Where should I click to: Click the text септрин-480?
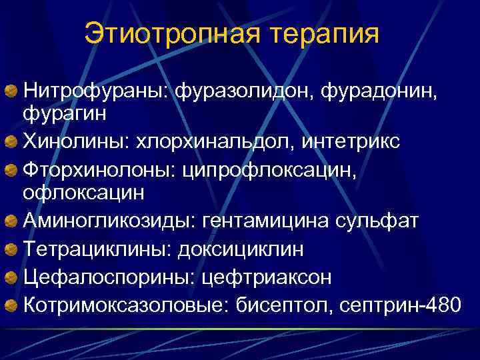(399, 305)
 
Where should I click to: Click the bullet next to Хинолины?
(13, 142)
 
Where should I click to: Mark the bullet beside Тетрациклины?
(13, 250)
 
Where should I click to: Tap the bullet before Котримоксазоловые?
(13, 305)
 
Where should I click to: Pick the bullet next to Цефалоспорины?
(13, 277)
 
